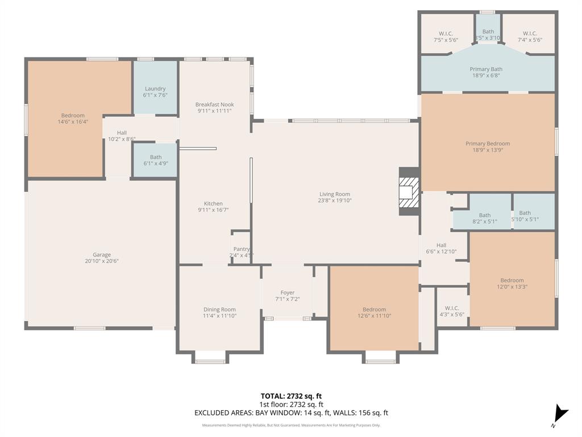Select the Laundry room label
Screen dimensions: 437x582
[155, 89]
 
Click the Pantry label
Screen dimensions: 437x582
[242, 249]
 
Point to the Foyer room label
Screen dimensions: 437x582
[288, 292]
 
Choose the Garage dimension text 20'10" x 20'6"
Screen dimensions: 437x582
[102, 261]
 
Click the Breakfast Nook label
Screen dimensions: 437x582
[214, 105]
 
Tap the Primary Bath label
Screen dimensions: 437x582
[486, 69]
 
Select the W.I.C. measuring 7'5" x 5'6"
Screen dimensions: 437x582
[446, 36]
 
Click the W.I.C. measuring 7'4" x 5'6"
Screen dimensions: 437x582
[530, 36]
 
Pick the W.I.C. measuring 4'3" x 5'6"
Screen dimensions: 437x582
[452, 311]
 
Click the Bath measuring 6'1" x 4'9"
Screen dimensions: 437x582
[156, 160]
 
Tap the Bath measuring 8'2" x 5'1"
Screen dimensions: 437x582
[484, 218]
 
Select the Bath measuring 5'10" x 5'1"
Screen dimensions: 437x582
[525, 216]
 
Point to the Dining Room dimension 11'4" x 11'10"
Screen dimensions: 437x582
[219, 316]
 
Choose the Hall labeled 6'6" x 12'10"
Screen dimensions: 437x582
[441, 248]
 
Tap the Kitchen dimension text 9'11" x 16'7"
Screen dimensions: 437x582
[214, 210]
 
